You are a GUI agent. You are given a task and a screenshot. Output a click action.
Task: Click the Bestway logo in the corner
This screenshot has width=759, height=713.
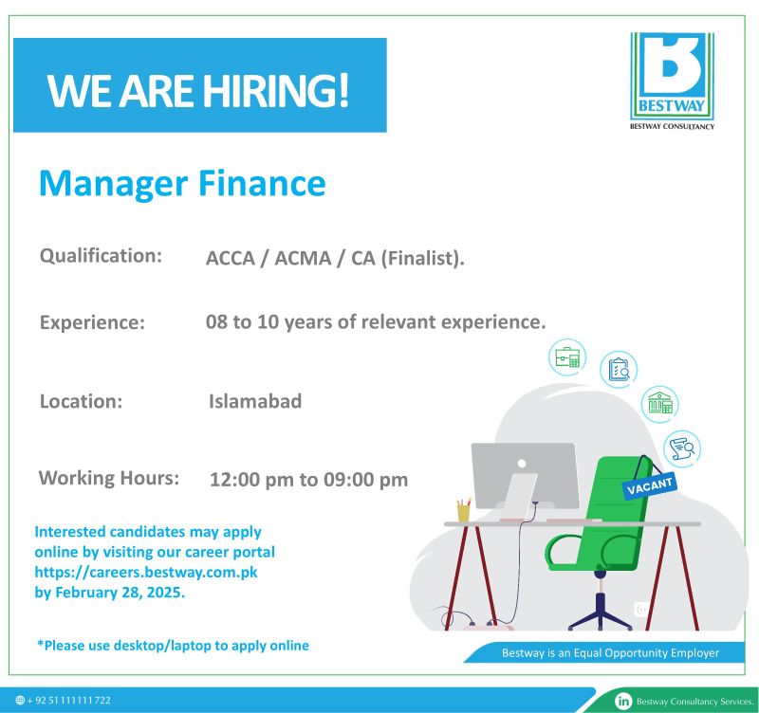[x=672, y=81]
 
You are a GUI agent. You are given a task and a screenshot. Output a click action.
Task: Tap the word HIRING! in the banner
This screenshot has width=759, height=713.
[x=275, y=90]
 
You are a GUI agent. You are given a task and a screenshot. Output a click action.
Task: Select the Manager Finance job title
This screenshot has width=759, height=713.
[x=182, y=184]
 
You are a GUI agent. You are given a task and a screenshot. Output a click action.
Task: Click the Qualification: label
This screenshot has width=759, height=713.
[x=101, y=256]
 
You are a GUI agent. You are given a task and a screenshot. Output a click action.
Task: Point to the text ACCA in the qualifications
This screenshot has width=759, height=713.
[x=231, y=258]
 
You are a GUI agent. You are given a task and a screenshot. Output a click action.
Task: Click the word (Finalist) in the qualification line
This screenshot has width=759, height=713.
[x=420, y=258]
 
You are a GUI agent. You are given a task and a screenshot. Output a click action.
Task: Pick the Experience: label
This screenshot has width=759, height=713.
[x=92, y=322]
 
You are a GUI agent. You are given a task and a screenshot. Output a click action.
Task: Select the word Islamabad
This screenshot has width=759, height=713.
[x=255, y=401]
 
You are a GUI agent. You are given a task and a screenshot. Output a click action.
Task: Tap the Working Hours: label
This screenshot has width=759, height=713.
[x=109, y=478]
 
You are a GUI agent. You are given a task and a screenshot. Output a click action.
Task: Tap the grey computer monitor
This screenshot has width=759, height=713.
[x=526, y=476]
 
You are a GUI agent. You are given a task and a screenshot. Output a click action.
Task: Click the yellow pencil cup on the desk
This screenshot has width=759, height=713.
[x=463, y=510]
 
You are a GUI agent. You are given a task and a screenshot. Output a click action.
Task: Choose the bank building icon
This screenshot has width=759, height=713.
[x=659, y=403]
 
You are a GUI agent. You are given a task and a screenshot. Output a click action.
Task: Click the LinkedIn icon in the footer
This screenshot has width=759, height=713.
[x=623, y=701]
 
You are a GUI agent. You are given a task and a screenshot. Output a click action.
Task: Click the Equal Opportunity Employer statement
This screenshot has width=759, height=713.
[x=610, y=653]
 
